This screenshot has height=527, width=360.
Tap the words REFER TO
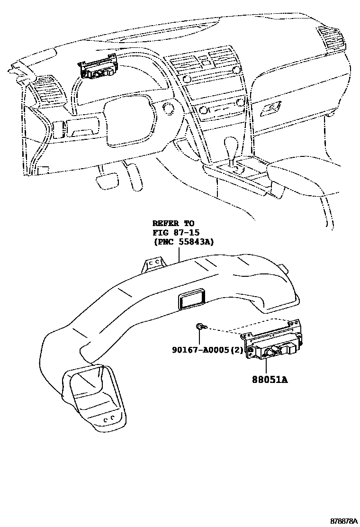[x=173, y=223]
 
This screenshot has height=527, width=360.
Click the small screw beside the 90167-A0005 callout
[x=200, y=326]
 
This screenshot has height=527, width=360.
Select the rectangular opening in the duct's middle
[x=191, y=300]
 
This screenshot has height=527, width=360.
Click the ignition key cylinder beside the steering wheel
[x=167, y=107]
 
